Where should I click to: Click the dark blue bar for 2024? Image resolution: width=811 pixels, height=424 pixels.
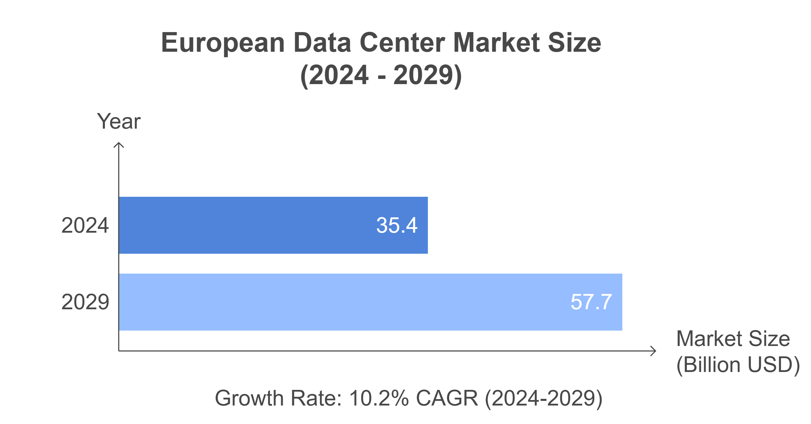pyautogui.click(x=245, y=225)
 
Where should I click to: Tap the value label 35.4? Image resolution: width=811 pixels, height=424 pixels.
pyautogui.click(x=397, y=225)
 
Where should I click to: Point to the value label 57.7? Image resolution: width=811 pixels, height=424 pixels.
pyautogui.click(x=591, y=302)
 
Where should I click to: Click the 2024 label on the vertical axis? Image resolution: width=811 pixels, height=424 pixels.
pyautogui.click(x=85, y=225)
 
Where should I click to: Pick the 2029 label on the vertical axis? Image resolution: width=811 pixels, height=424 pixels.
pyautogui.click(x=85, y=302)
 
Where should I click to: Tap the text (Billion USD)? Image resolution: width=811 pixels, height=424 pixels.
pyautogui.click(x=738, y=365)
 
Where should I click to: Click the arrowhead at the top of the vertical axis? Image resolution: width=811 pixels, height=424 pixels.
pyautogui.click(x=119, y=145)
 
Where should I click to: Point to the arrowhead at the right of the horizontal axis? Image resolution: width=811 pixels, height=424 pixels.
pyautogui.click(x=654, y=351)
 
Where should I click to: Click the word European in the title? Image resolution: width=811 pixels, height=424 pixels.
pyautogui.click(x=223, y=43)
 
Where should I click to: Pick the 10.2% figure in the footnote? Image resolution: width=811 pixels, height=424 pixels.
pyautogui.click(x=379, y=398)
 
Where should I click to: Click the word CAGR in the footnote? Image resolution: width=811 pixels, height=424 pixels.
pyautogui.click(x=447, y=398)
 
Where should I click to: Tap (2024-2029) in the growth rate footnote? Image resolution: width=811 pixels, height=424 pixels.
pyautogui.click(x=543, y=398)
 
